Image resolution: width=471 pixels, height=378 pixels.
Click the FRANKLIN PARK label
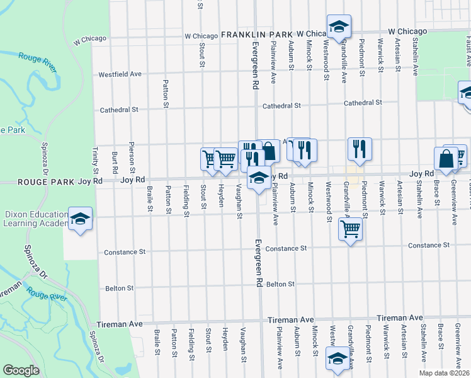pos(258,33)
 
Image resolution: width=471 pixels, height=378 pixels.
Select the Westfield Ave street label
pos(120,74)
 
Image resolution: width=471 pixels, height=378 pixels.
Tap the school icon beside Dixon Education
pos(81,219)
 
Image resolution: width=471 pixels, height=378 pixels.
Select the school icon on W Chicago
pos(339,27)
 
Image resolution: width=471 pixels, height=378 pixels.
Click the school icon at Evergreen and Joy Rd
pos(258,178)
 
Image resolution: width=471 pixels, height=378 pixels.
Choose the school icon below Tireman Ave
pos(337,358)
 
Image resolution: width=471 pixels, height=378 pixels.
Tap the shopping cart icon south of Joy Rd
pos(350,229)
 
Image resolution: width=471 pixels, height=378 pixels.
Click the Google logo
pos(21,370)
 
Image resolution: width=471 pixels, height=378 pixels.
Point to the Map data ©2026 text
pos(444,373)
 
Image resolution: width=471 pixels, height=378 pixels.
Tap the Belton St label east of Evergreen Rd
pos(280,284)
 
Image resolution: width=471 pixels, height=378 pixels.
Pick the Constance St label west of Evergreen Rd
pos(125,251)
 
